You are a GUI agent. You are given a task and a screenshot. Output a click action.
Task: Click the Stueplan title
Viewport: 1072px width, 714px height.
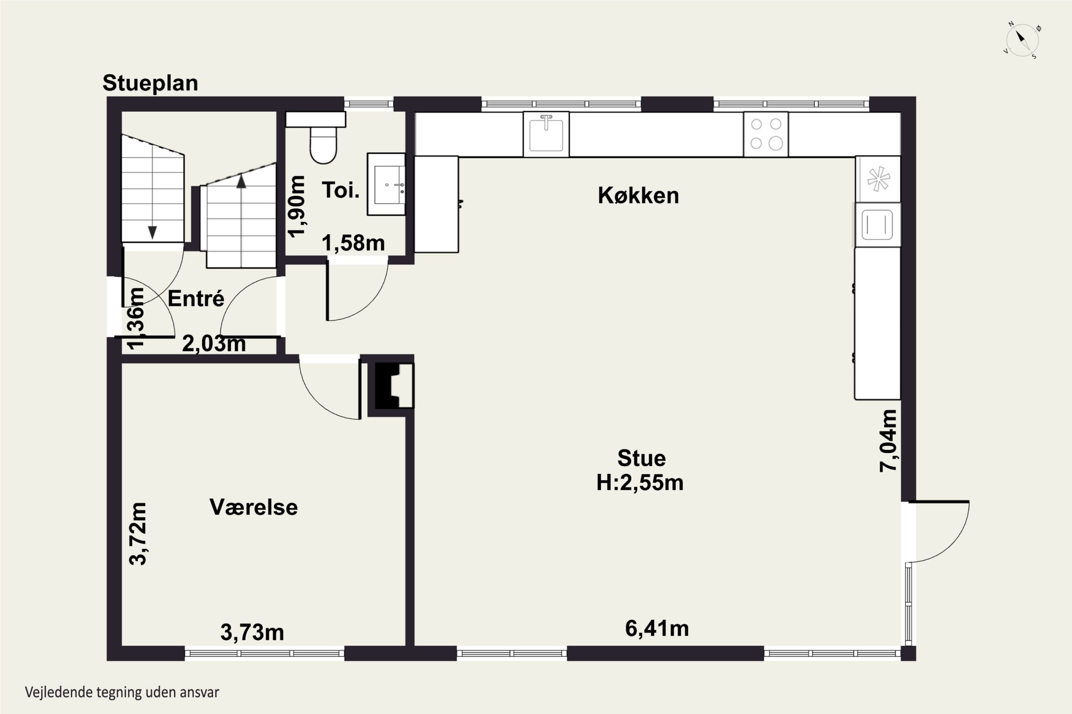pos(150,83)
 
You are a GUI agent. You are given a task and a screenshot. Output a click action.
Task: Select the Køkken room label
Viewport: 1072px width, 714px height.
pos(638,195)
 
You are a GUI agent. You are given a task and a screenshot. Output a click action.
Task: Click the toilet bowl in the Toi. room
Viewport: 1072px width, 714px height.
pos(323,144)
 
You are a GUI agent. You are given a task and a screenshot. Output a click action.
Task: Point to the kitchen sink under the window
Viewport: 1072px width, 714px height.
pos(546,134)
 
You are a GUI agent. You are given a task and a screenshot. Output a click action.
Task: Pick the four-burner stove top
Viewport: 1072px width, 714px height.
pos(766,134)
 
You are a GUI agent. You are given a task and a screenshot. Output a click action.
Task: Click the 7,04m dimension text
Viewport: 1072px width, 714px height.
pos(888,440)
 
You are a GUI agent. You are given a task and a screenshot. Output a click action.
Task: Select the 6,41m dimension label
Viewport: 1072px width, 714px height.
pos(657,628)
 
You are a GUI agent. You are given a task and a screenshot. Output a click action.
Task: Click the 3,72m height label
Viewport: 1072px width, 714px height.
pos(138,534)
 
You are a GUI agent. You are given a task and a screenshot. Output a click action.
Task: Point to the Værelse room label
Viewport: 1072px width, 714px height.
pos(253,507)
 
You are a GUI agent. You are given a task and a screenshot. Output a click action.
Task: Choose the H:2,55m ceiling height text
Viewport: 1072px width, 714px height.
pos(640,483)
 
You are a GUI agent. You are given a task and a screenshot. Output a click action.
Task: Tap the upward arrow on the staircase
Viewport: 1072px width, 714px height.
pos(241,181)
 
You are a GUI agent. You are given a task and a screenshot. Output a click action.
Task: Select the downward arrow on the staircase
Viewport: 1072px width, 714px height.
pos(153,232)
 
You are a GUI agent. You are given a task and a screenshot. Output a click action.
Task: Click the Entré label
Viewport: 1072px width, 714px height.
pos(196,299)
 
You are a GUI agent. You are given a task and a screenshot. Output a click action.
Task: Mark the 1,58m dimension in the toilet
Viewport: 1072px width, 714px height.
pos(353,243)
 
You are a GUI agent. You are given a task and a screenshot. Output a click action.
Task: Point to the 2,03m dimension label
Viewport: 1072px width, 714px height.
pos(214,344)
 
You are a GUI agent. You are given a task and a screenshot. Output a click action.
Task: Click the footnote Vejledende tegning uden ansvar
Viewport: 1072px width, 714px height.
pos(122,693)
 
